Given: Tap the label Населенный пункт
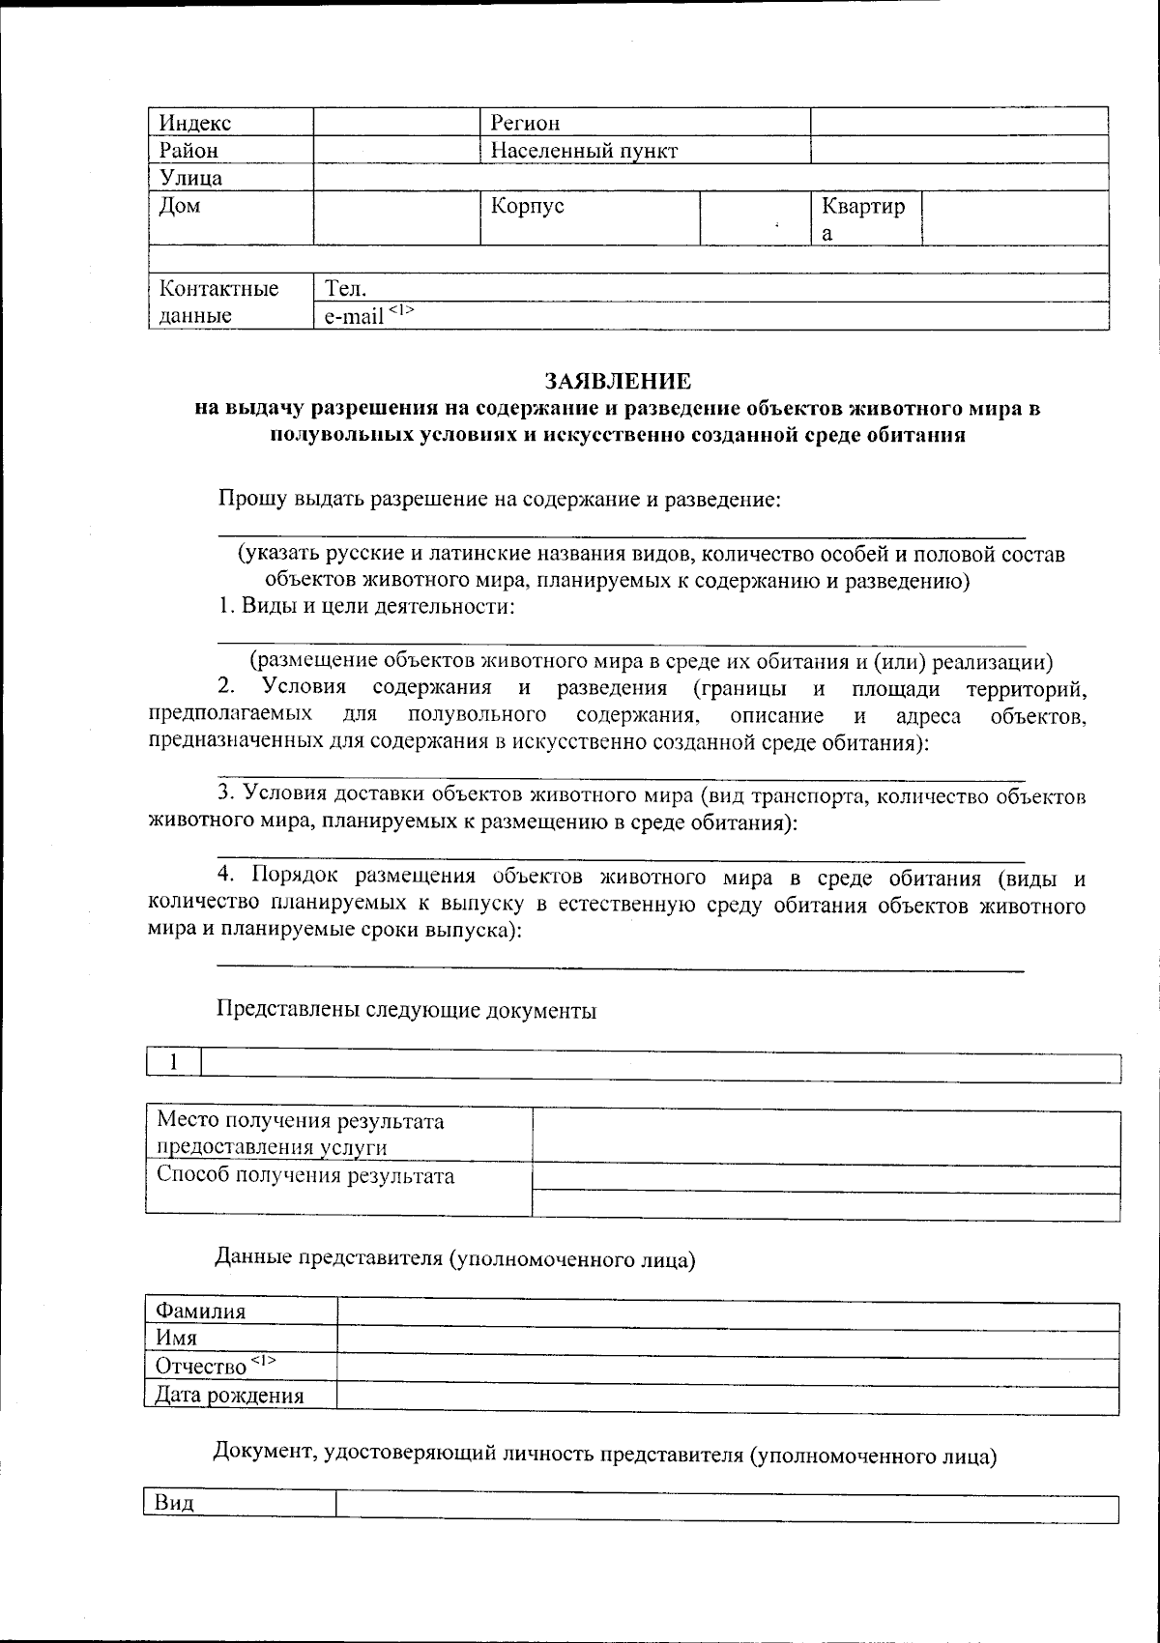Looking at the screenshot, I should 584,151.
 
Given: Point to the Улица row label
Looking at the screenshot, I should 190,178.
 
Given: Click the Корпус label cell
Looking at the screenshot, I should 527,206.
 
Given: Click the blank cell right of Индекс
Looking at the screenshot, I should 396,123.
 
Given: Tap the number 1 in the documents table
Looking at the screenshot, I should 174,1062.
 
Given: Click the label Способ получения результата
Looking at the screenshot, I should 305,1176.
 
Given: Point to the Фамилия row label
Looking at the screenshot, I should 200,1312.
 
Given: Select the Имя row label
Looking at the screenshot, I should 177,1339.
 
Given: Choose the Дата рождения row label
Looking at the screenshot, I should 230,1395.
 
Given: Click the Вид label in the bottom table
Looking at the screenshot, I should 174,1503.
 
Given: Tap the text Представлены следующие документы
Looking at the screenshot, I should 406,1011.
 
